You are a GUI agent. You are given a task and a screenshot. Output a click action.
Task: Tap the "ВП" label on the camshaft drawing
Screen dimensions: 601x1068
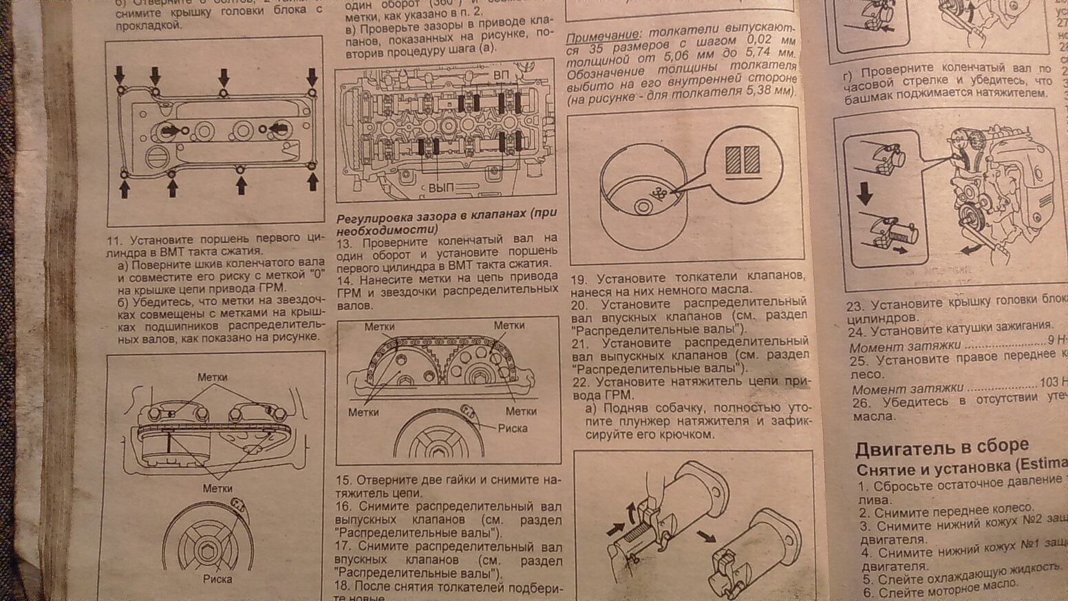(x=500, y=74)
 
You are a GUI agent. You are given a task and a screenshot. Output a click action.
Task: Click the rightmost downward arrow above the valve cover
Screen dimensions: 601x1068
(x=312, y=75)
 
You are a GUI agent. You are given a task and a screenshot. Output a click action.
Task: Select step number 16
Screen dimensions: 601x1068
(x=344, y=506)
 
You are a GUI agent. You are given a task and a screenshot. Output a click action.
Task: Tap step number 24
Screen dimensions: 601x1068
(x=857, y=332)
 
